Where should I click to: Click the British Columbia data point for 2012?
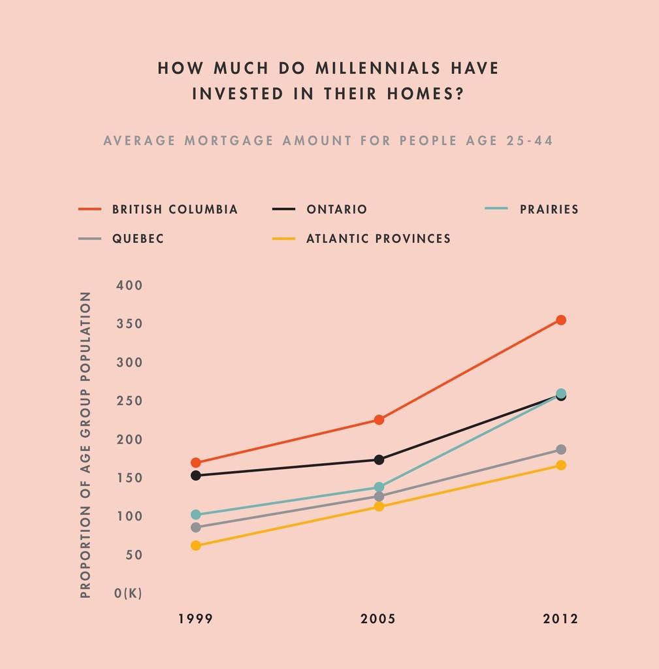coord(560,320)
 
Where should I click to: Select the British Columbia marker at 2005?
coord(379,419)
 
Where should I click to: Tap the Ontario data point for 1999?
coord(196,476)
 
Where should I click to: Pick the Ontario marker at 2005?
coord(379,460)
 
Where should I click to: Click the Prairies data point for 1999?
coord(196,515)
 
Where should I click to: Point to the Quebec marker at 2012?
coord(560,449)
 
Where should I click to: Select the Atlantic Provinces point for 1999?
coord(196,546)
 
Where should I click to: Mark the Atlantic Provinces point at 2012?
coord(560,465)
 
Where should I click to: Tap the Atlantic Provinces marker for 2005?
coord(379,506)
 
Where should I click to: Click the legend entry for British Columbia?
coord(174,210)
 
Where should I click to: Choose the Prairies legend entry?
coord(549,210)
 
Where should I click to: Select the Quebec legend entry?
coord(138,239)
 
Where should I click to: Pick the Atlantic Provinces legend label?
coord(378,239)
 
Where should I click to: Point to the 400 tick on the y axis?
coord(129,286)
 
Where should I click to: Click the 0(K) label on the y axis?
coord(128,593)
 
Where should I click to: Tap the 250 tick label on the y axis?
coord(129,401)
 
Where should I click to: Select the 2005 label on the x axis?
coord(378,619)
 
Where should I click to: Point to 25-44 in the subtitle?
coord(530,140)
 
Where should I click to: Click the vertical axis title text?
coord(86,445)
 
